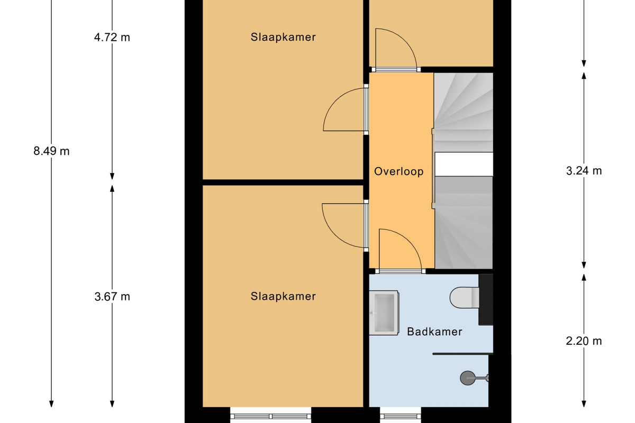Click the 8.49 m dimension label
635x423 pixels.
[x=51, y=151]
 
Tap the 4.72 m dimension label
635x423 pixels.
[x=112, y=38]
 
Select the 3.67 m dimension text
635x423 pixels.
[x=112, y=297]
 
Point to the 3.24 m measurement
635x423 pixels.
[x=584, y=171]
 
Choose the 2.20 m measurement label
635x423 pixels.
[x=584, y=341]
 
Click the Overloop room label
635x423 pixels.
[x=398, y=171]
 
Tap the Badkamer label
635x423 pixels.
[x=434, y=332]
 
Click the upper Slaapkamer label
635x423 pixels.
[x=283, y=37]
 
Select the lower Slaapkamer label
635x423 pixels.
[x=283, y=296]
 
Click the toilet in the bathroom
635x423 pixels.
[x=465, y=298]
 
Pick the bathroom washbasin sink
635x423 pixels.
[x=384, y=313]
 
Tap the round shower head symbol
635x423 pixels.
[x=467, y=378]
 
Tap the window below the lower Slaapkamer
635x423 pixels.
[x=271, y=416]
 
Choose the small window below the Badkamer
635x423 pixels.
[x=400, y=416]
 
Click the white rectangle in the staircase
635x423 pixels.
[x=464, y=164]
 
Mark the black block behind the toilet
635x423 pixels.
[x=486, y=299]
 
